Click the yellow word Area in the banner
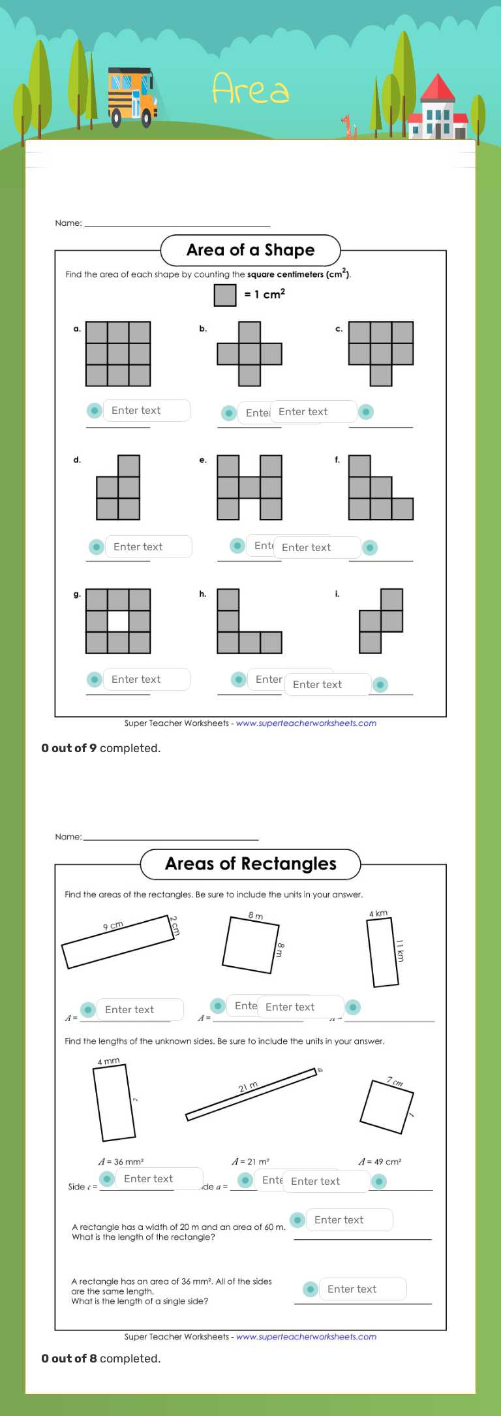250,89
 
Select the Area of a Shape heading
250,250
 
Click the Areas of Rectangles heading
250,864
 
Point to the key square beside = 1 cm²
225,295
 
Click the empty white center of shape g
118,621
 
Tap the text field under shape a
146,411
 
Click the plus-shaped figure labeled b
249,354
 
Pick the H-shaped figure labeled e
249,488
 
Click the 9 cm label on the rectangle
113,926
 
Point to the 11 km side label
400,951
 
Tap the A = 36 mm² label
121,1162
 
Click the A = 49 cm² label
380,1162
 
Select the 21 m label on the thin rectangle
248,1087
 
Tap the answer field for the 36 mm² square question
362,1289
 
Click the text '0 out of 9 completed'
100,748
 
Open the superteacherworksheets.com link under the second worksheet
306,1336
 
